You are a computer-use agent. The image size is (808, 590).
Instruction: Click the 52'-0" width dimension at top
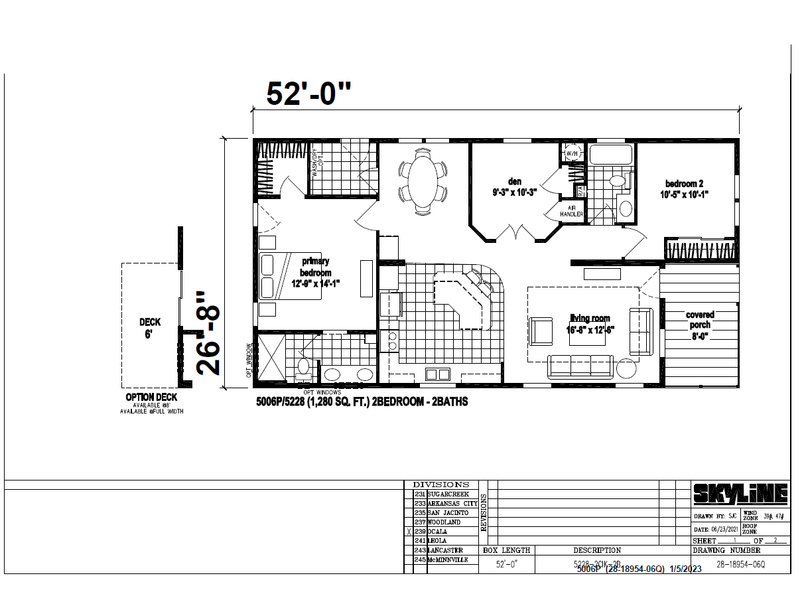click(x=308, y=94)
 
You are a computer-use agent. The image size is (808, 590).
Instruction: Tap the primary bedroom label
click(x=315, y=273)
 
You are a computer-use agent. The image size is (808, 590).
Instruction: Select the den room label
click(x=514, y=186)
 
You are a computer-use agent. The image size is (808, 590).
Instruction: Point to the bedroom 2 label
click(x=685, y=189)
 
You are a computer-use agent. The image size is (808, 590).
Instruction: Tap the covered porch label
click(x=700, y=325)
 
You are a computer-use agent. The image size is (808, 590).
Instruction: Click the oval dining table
click(x=423, y=181)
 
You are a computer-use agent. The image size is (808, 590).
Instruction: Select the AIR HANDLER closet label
click(x=571, y=211)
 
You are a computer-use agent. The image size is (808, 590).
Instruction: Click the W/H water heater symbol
click(x=572, y=154)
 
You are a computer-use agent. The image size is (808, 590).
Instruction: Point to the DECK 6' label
click(x=149, y=328)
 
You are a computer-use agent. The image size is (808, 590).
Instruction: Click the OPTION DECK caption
click(x=151, y=398)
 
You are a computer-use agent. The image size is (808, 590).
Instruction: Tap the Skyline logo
click(x=740, y=494)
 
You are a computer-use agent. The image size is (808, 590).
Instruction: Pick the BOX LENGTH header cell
click(x=507, y=550)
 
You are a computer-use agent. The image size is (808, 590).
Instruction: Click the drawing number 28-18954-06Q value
click(x=740, y=564)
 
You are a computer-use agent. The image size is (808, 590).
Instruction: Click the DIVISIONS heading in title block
click(x=440, y=484)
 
